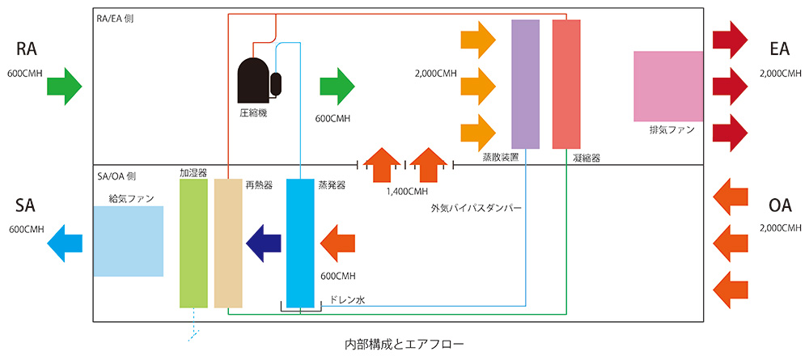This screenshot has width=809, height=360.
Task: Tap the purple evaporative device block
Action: click(526, 84)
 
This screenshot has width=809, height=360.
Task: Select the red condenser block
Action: click(566, 84)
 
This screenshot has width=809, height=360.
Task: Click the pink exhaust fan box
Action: click(668, 87)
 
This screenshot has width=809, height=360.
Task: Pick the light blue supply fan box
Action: click(128, 241)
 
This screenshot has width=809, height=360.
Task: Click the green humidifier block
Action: click(194, 243)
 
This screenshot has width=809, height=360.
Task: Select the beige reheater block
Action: click(228, 243)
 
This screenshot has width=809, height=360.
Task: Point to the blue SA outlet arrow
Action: click(65, 241)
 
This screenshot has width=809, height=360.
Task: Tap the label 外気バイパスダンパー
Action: click(477, 208)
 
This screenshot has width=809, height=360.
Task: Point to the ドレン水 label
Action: click(348, 299)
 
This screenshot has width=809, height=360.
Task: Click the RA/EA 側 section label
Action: click(115, 18)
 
